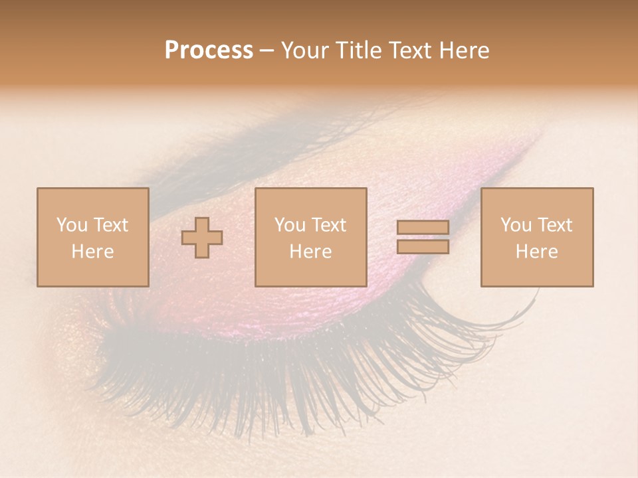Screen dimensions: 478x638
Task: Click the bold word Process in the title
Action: [209, 50]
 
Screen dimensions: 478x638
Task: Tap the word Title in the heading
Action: [361, 50]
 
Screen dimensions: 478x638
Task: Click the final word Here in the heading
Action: [465, 50]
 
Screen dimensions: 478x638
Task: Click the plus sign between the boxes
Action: [202, 238]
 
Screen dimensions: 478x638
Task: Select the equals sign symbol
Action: [423, 237]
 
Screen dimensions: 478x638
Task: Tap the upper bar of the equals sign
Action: [423, 227]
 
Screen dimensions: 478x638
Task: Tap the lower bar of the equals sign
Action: [423, 247]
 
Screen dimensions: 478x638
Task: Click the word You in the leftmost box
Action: [72, 225]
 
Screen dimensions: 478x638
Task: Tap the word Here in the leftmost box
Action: [92, 252]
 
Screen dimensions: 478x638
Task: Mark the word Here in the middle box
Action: [310, 252]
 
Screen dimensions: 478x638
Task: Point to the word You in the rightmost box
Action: [516, 225]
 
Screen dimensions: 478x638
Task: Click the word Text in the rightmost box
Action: [554, 225]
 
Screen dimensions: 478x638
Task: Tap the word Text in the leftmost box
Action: [110, 225]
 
